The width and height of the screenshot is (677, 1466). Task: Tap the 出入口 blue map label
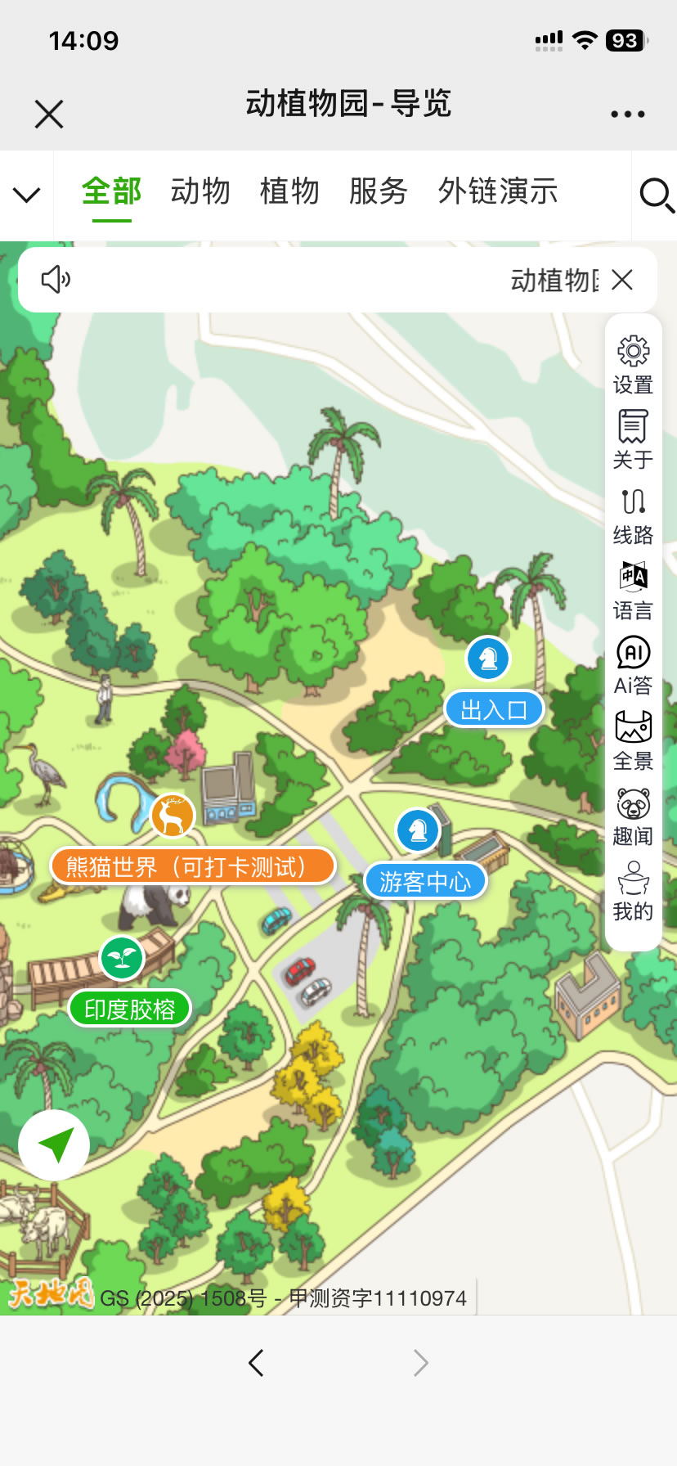pyautogui.click(x=494, y=709)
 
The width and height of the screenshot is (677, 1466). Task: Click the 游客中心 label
pyautogui.click(x=425, y=881)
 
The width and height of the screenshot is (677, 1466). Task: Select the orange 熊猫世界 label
pyautogui.click(x=193, y=866)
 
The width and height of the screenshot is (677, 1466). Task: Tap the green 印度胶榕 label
pyautogui.click(x=130, y=1009)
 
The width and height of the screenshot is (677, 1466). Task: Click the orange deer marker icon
pyautogui.click(x=172, y=816)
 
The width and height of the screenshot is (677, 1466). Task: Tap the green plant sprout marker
pyautogui.click(x=122, y=958)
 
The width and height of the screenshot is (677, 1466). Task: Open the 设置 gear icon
pyautogui.click(x=633, y=351)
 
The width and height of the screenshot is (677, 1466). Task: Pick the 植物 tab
pyautogui.click(x=289, y=191)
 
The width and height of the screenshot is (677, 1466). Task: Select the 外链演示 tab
pyautogui.click(x=498, y=191)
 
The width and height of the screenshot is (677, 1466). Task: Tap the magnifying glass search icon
pyautogui.click(x=656, y=196)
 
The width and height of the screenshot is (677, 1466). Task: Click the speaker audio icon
pyautogui.click(x=56, y=279)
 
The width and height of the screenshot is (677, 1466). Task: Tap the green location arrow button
pyautogui.click(x=55, y=1144)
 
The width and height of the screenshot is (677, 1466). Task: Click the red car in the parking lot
pyautogui.click(x=299, y=971)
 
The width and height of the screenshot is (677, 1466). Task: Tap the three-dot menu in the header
pyautogui.click(x=627, y=115)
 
